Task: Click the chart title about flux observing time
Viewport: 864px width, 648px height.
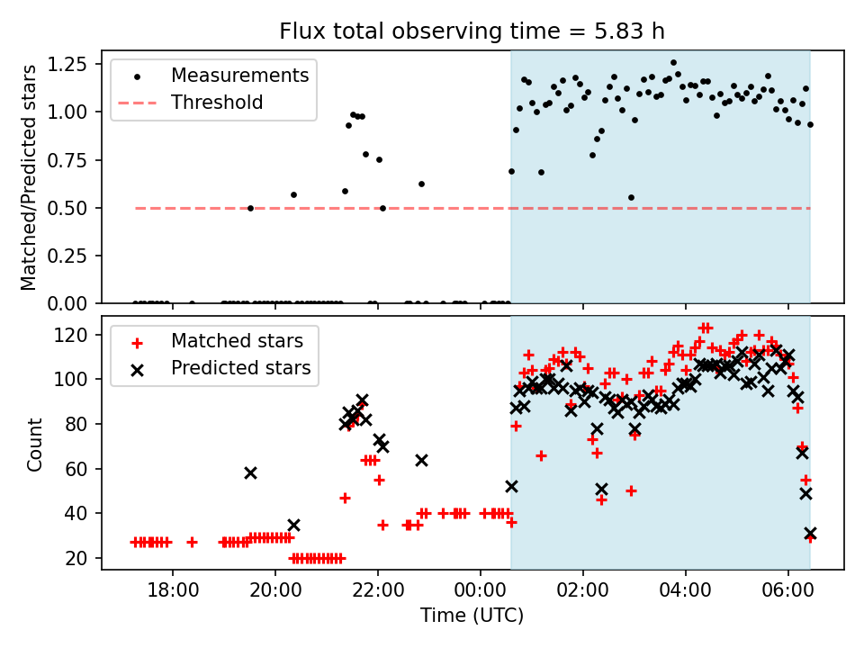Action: point(472,31)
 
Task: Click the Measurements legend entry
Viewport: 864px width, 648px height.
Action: point(239,75)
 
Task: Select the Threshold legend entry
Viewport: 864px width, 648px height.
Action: point(217,103)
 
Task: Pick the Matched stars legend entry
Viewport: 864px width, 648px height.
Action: point(237,341)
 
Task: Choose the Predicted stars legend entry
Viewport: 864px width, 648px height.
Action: point(240,368)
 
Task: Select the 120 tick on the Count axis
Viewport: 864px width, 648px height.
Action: point(77,335)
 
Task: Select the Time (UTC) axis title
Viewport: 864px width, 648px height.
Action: point(472,616)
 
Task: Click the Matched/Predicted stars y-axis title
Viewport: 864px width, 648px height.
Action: point(29,177)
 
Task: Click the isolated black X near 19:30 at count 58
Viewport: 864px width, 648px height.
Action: point(250,472)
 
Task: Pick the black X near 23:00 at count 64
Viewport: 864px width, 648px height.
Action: point(421,460)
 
